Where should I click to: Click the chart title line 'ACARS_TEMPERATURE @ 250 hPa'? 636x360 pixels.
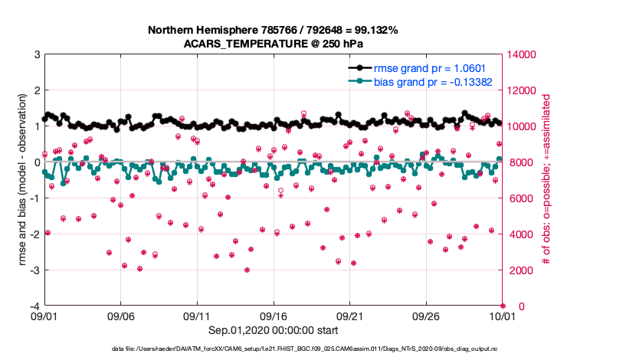pos(273,44)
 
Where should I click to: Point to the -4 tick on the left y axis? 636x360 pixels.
pos(35,306)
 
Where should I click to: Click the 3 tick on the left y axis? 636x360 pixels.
pos(37,54)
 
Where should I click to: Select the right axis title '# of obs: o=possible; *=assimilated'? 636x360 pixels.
pos(546,180)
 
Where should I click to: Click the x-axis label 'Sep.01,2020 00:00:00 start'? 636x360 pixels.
pos(273,329)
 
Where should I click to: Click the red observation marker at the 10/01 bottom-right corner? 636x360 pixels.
pos(503,306)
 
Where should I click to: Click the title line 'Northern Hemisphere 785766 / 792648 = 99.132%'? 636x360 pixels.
pos(273,31)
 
